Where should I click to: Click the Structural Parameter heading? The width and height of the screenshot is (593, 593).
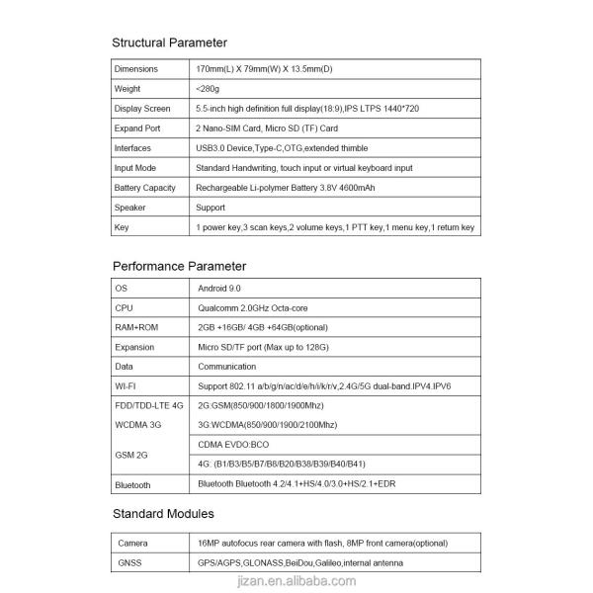pos(169,42)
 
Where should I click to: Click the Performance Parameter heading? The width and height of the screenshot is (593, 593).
pos(179,266)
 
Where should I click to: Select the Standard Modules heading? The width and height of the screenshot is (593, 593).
pos(163,514)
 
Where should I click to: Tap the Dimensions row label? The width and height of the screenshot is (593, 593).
pos(136,69)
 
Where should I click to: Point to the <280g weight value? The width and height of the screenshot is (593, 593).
pos(209,89)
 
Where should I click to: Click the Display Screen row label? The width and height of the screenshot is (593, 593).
pos(142,109)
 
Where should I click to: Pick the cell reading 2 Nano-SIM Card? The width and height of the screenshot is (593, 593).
pos(267,128)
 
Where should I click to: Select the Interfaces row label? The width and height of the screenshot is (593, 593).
pos(133,148)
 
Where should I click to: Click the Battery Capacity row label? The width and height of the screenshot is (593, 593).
pos(145,188)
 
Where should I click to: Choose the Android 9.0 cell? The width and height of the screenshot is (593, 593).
pos(219,288)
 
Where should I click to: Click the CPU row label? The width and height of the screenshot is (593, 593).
pos(124,307)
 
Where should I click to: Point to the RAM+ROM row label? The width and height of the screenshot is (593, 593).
pos(136,327)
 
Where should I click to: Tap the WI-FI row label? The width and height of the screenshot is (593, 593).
pos(126,386)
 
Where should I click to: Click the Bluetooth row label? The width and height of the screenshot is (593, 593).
pos(133,485)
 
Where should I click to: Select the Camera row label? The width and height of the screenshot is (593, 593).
pos(133,544)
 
